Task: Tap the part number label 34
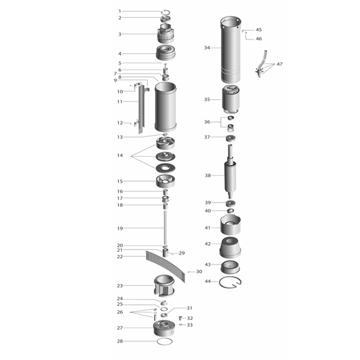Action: (207, 48)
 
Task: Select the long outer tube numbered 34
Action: (231, 49)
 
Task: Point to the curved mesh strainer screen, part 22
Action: (166, 266)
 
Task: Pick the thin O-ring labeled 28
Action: (165, 341)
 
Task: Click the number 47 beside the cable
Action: (279, 64)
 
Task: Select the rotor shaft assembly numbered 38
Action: (230, 171)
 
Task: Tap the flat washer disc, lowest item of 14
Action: (165, 168)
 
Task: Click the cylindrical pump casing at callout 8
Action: (166, 107)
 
